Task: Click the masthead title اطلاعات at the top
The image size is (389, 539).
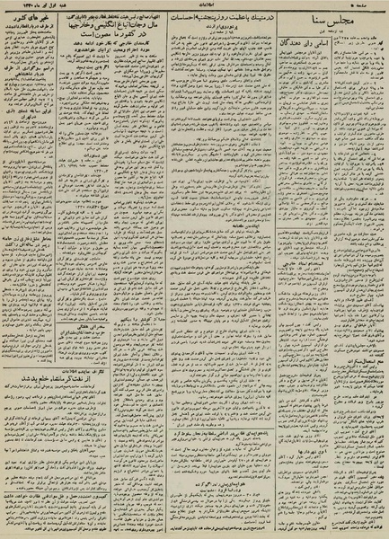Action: [195, 7]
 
